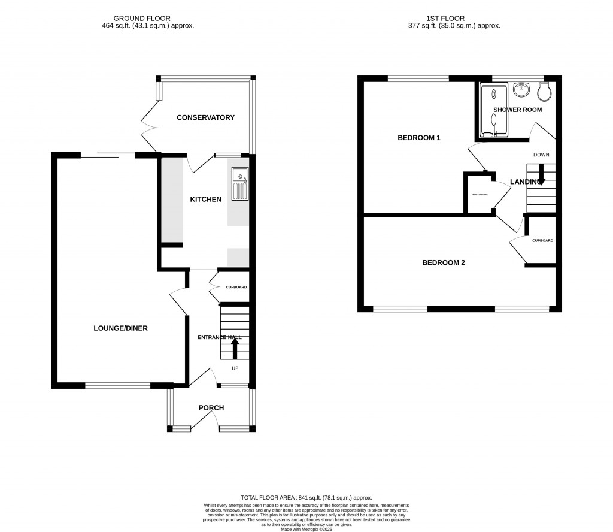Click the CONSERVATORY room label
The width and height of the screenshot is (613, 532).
pos(205,117)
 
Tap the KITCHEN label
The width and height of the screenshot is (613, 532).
pos(205,199)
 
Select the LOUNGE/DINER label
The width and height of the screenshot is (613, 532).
pos(120,328)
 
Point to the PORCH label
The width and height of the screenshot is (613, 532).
pos(211,407)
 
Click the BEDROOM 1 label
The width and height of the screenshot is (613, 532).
pos(419,138)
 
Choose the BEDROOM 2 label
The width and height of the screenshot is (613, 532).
pos(444,262)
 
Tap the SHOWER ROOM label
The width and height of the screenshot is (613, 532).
pos(517,110)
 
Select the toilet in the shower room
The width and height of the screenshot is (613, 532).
pos(544,92)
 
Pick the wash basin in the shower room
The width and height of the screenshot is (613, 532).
pos(521,90)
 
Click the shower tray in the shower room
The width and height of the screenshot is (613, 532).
pos(493,111)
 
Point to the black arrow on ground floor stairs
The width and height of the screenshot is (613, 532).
pos(234,347)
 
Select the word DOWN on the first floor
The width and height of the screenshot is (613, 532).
pos(541,155)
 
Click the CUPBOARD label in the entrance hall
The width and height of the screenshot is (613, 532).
pos(236,288)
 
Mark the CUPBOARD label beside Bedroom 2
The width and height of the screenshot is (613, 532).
pos(542,240)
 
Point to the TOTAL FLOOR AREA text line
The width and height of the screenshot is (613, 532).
pos(306,498)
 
